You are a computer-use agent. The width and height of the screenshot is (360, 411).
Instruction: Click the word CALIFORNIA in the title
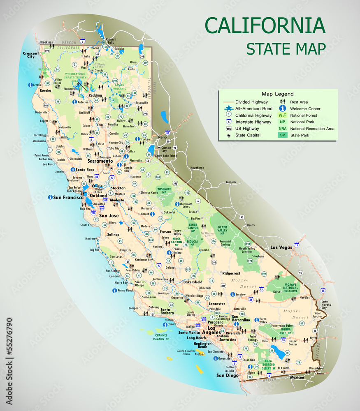coord(265,25)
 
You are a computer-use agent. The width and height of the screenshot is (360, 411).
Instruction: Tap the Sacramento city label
coord(100,162)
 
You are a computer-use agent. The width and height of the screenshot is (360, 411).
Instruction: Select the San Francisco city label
coord(68,198)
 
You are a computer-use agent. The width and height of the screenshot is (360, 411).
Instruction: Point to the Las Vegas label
coord(281,247)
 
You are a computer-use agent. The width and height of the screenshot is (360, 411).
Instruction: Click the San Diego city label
coord(228,375)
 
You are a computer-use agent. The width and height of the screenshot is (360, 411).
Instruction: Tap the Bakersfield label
coord(193,282)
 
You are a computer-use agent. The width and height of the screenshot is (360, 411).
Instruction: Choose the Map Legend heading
coord(278,94)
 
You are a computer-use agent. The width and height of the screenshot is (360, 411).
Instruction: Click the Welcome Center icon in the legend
coord(283,109)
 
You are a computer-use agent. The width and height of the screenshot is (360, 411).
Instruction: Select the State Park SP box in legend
coord(283,135)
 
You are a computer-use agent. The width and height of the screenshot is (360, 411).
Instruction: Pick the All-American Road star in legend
coord(229,109)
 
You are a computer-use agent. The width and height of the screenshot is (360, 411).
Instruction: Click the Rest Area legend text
coord(299,102)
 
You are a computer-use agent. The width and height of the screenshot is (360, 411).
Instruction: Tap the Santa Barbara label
coord(167,312)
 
